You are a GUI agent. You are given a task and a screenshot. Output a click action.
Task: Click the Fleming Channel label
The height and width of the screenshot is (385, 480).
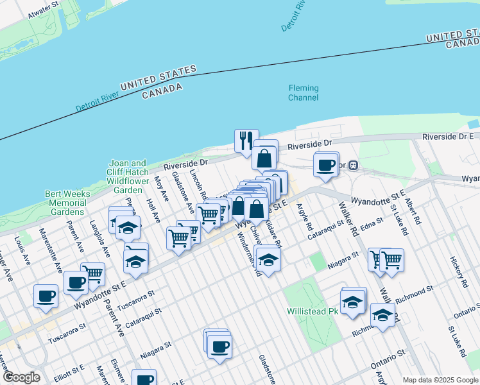click(x=303, y=93)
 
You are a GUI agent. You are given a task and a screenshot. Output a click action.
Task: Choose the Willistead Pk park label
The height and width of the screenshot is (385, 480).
click(x=312, y=311)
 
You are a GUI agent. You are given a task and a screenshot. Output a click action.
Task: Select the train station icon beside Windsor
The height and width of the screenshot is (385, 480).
click(x=352, y=165)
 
